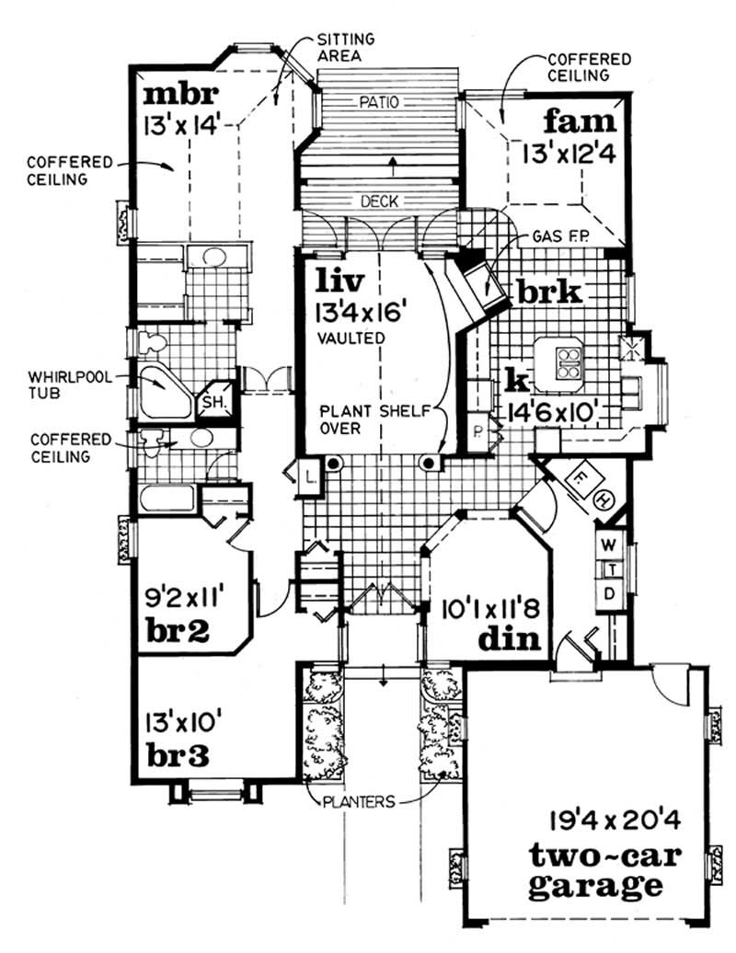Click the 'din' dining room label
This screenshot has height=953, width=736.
point(509,637)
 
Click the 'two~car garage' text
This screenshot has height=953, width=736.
point(604,870)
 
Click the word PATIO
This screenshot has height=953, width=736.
point(377,103)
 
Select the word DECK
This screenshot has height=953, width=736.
point(377,201)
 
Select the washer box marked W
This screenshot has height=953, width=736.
point(609,545)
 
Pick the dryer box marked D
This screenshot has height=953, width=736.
point(609,594)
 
